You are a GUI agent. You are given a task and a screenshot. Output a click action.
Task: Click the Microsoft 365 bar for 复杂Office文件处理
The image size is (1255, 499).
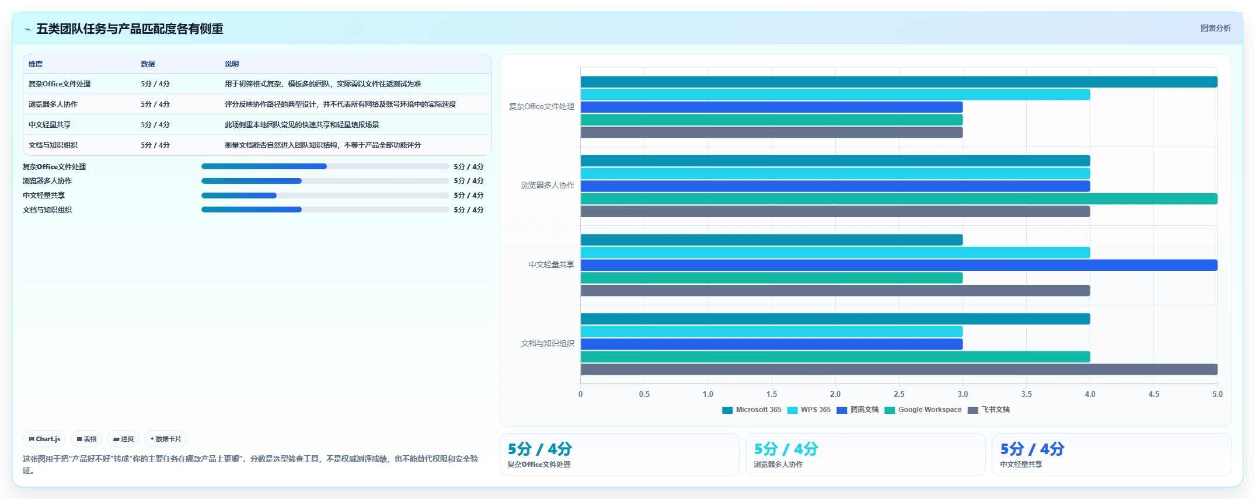899,82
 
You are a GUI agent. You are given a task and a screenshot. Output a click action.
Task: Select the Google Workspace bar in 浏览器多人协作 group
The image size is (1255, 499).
899,199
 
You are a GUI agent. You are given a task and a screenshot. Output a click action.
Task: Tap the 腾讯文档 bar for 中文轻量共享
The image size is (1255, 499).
899,265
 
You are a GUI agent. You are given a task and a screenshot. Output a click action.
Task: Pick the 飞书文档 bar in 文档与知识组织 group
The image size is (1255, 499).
899,369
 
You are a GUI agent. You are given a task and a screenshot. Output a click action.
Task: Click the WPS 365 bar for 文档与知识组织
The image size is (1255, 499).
772,331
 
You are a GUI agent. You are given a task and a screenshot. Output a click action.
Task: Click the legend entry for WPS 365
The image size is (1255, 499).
809,410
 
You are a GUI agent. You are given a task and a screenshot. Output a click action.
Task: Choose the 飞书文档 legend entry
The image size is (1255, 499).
989,410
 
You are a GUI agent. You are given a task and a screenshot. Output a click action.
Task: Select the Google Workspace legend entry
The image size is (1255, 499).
923,410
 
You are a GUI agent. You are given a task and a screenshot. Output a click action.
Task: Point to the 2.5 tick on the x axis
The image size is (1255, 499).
899,394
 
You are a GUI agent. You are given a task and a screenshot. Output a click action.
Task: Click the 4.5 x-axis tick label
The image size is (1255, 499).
1154,394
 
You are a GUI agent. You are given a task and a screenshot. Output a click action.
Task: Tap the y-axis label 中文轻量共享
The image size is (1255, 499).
552,264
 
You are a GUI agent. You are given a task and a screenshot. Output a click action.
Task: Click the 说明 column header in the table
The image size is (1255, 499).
232,64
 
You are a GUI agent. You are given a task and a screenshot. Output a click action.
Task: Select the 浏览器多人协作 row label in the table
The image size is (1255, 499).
53,104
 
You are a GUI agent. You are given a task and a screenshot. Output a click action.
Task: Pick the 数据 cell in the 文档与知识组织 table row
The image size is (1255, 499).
155,145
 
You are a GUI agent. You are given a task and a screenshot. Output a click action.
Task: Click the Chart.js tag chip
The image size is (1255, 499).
44,439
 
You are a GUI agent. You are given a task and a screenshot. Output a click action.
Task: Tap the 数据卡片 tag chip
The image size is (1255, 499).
166,439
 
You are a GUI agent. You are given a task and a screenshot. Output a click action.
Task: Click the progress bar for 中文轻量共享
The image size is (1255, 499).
325,196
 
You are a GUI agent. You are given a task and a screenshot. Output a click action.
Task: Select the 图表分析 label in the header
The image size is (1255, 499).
1215,28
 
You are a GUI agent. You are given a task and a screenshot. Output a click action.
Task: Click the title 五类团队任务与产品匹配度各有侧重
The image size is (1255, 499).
130,29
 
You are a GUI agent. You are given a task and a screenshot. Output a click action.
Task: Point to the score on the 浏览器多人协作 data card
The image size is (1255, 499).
786,449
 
